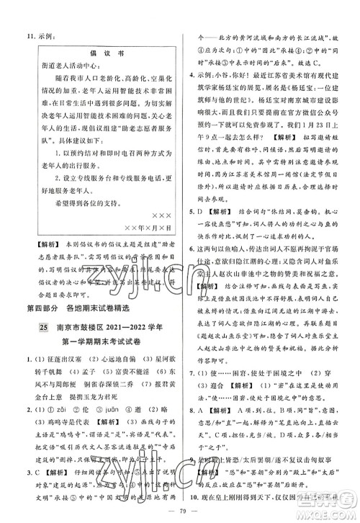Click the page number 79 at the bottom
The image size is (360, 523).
pyautogui.click(x=179, y=514)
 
